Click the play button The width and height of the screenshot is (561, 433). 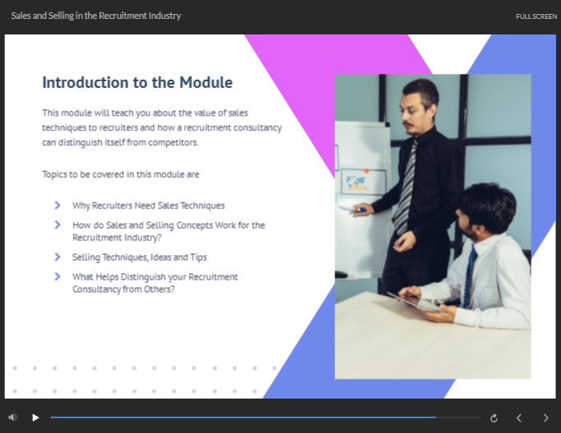point(35,417)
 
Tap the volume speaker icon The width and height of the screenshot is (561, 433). point(13,417)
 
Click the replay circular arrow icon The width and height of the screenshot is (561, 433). point(494,418)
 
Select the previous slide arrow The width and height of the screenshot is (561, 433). point(519,418)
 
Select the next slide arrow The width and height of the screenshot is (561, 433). point(546,418)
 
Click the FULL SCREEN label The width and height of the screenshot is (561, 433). point(536,16)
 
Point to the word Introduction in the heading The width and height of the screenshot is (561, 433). point(85,83)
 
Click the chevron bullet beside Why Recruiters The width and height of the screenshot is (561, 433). point(57,205)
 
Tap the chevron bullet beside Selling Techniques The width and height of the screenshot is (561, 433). point(57,257)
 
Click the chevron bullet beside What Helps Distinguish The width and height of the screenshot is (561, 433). point(57,276)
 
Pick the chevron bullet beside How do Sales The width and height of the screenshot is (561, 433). point(57,225)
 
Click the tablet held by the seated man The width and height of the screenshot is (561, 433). point(415,301)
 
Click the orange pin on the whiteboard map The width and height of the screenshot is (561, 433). point(366,171)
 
